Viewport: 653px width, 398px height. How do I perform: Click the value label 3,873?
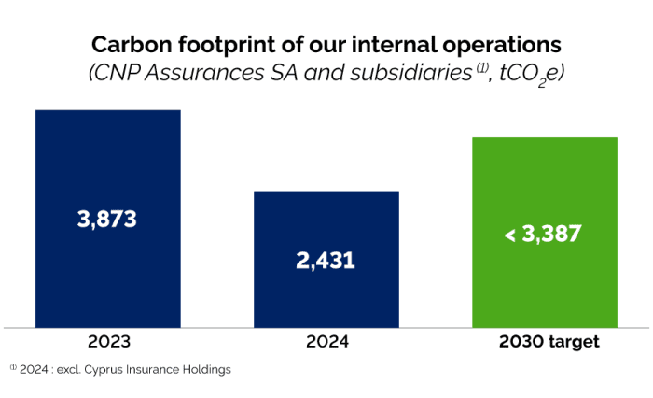107,220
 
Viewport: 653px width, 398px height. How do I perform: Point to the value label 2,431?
326,260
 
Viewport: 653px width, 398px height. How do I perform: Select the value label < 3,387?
543,234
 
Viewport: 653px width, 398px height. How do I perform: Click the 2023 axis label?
107,342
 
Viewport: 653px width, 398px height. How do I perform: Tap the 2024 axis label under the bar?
326,342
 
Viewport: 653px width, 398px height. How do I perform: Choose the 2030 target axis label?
545,342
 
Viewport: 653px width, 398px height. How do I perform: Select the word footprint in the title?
223,44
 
